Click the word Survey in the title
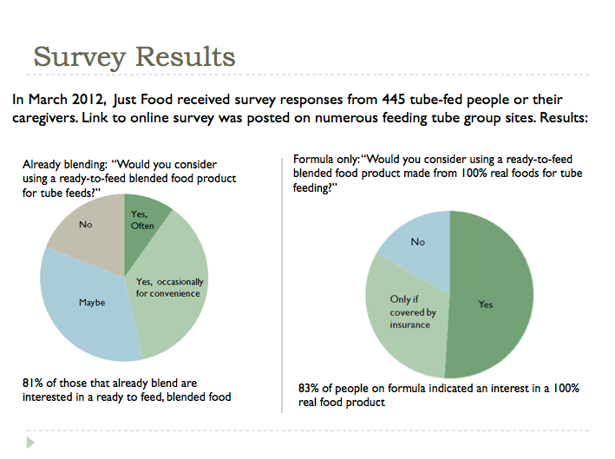[80, 57]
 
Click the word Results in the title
[185, 57]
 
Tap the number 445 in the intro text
[394, 100]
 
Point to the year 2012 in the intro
[88, 100]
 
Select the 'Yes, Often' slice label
[142, 220]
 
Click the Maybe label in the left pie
[92, 303]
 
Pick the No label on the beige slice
[86, 225]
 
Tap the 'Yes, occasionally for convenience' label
[169, 287]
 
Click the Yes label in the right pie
[486, 305]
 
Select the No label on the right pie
[418, 242]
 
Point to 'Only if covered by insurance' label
[413, 311]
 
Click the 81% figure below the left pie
[32, 383]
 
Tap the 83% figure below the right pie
[308, 388]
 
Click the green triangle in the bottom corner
[30, 443]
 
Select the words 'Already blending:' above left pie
[65, 165]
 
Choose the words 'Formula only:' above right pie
[326, 160]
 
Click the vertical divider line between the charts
[282, 285]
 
